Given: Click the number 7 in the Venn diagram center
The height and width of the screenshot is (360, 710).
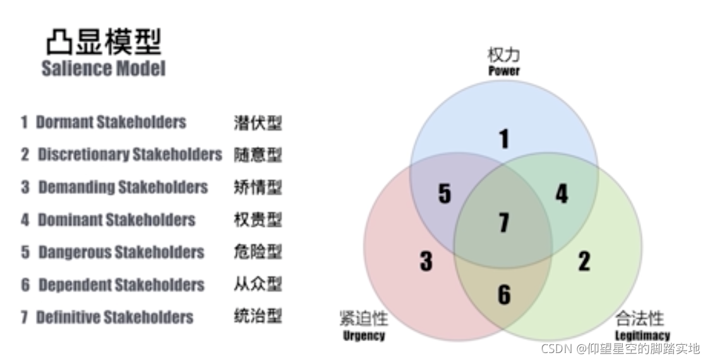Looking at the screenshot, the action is click(503, 222).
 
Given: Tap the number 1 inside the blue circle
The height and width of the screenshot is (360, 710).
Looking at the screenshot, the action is click(503, 139).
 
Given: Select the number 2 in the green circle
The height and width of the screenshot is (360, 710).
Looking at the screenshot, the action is click(584, 261).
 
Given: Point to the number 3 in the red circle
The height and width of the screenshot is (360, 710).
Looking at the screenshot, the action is click(426, 261).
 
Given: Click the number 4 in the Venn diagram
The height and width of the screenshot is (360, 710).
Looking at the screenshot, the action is click(561, 194).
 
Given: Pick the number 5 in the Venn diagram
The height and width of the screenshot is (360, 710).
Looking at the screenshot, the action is click(445, 194).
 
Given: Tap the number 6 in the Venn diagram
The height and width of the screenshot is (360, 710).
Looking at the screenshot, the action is click(503, 294).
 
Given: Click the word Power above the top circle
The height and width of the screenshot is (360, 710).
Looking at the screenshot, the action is click(503, 70).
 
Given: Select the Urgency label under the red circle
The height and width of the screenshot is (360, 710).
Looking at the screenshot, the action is click(364, 335).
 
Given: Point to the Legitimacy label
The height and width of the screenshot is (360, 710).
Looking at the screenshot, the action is click(642, 335).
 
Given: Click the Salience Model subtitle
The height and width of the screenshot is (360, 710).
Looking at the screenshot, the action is click(103, 68).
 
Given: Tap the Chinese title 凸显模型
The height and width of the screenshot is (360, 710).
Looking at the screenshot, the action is click(103, 42).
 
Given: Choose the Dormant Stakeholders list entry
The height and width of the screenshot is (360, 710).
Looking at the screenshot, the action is click(111, 122).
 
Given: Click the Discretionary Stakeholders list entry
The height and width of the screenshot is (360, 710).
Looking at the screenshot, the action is click(129, 154).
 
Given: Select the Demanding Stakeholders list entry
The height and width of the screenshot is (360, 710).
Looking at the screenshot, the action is click(123, 187).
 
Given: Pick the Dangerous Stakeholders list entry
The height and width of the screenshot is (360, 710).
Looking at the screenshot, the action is click(121, 252).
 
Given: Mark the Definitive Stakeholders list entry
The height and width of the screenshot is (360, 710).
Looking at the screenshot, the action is click(114, 316).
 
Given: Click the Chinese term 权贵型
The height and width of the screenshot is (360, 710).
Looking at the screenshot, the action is click(257, 220).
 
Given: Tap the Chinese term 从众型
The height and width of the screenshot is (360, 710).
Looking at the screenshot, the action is click(257, 284).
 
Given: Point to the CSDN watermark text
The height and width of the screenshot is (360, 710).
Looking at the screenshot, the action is click(620, 348).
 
